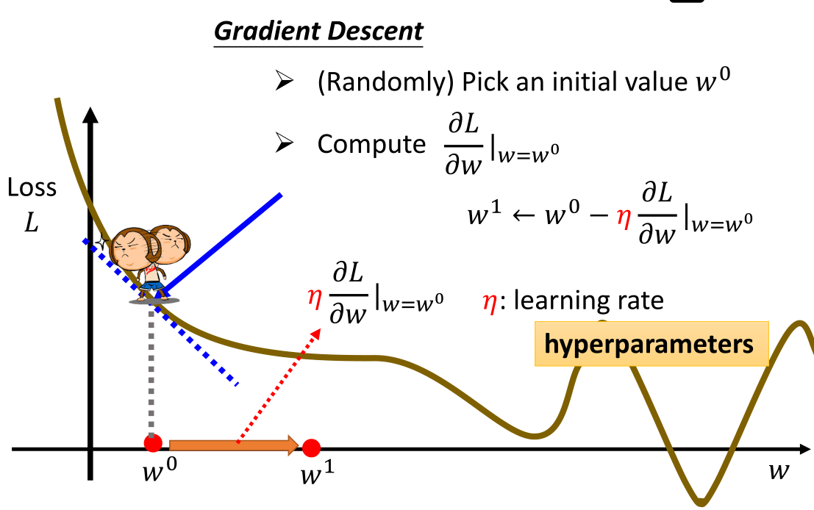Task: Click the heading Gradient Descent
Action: click(x=318, y=32)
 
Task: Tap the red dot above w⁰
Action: click(x=153, y=443)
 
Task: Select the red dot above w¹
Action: click(x=311, y=448)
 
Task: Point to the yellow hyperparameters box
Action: click(x=651, y=344)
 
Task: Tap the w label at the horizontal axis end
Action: click(x=778, y=470)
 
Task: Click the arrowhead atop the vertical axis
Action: click(x=90, y=115)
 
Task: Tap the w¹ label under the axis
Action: click(x=317, y=475)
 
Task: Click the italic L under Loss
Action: click(x=31, y=222)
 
